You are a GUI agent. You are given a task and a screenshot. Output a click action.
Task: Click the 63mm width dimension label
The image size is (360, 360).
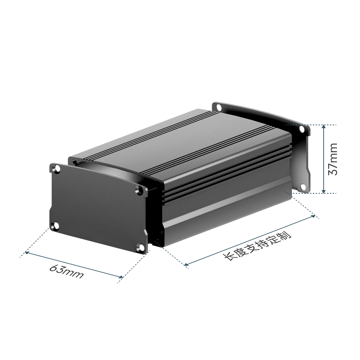click(x=66, y=272)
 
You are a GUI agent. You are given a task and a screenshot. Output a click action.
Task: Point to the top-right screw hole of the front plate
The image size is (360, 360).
click(x=139, y=190)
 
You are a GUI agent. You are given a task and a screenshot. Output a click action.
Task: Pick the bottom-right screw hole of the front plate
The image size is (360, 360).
click(x=140, y=248)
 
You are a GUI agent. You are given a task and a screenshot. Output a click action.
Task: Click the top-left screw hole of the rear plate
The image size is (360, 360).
click(x=219, y=107)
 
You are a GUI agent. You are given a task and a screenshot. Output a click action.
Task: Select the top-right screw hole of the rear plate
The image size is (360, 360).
click(x=302, y=130)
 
